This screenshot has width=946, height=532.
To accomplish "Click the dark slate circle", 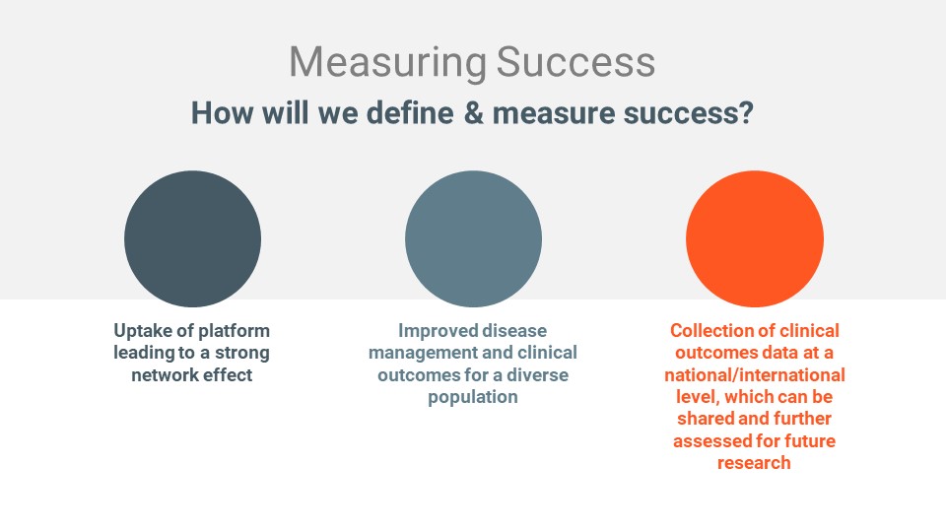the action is pyautogui.click(x=192, y=238).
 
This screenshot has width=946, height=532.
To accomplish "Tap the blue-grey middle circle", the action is pyautogui.click(x=474, y=238).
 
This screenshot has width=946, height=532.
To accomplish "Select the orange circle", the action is pyautogui.click(x=755, y=238).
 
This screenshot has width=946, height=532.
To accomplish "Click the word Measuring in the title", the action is pyautogui.click(x=388, y=63).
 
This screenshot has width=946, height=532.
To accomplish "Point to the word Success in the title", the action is pyautogui.click(x=575, y=62).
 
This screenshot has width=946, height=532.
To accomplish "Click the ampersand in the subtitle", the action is pyautogui.click(x=474, y=112).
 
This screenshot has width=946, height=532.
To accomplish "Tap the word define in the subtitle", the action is pyautogui.click(x=410, y=112).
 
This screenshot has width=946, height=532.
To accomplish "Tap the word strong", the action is pyautogui.click(x=242, y=353).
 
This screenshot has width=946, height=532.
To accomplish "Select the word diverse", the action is pyautogui.click(x=538, y=374).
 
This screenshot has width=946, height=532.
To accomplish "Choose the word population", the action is pyautogui.click(x=473, y=397).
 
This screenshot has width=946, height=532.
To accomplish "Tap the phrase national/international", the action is pyautogui.click(x=755, y=374).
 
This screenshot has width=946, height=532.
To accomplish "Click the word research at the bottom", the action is pyautogui.click(x=754, y=463).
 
